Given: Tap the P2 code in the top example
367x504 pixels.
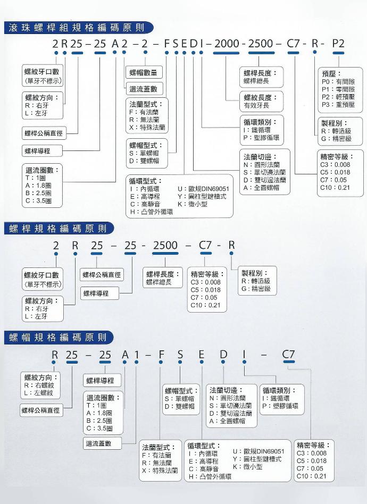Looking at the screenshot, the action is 338,44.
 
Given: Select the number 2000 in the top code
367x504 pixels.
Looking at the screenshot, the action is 227,44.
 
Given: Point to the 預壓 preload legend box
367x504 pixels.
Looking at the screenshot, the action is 340,90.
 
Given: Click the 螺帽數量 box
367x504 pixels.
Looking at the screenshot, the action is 144,72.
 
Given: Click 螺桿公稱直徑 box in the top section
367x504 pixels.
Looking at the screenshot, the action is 44,133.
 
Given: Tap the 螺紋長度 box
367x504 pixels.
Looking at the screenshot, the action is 262,101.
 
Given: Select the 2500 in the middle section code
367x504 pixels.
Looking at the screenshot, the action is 165,245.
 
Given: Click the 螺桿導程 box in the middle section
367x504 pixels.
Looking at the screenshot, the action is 99,293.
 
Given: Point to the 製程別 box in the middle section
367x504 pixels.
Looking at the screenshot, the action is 257,281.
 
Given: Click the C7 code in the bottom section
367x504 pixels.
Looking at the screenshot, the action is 288,354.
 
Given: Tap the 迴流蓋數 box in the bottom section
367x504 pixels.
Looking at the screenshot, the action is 102,443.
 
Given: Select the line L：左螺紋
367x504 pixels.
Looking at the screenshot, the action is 39,393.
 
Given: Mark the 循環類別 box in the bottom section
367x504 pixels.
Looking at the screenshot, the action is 282,399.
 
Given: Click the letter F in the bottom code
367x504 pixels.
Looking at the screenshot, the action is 161,354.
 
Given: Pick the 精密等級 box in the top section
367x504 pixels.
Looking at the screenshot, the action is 340,173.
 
